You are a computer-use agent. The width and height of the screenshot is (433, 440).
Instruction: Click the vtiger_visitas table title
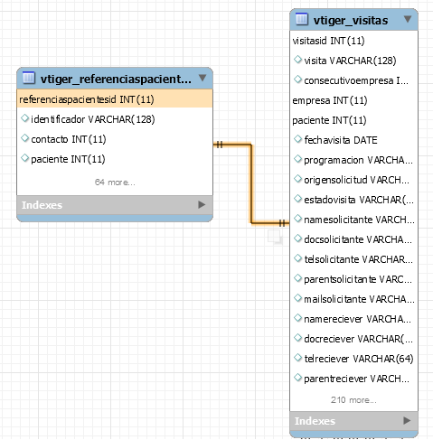(x=351, y=21)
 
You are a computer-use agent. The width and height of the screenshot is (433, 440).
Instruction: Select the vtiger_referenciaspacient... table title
(x=116, y=79)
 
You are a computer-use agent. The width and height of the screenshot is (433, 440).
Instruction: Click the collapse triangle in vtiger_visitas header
(x=408, y=19)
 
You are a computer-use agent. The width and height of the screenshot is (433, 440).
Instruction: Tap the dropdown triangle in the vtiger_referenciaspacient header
(x=202, y=78)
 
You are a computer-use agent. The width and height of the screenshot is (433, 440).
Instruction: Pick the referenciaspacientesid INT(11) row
(x=115, y=98)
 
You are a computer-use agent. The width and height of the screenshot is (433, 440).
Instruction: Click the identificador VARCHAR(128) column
(x=93, y=119)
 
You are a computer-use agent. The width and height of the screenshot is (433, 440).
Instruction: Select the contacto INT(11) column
(x=69, y=139)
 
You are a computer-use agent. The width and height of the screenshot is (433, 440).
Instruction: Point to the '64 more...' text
(x=115, y=183)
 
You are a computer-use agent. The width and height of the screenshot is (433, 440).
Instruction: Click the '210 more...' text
(x=353, y=400)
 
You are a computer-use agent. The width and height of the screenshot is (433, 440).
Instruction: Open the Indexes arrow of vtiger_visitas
(x=407, y=420)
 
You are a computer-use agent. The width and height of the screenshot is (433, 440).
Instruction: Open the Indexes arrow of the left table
(x=202, y=205)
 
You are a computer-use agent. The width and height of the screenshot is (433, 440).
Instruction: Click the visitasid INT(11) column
(x=328, y=41)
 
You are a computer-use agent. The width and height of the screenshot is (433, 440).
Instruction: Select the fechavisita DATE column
(x=341, y=140)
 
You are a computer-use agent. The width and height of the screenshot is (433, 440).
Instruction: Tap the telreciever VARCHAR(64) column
(x=359, y=359)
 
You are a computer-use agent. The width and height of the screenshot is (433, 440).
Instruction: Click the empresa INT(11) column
(x=330, y=100)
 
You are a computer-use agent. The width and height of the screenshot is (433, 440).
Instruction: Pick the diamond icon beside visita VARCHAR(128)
(x=297, y=60)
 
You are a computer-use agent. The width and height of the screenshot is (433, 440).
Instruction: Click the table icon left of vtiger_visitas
(x=302, y=19)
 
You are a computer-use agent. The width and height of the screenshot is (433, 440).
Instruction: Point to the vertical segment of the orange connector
(x=250, y=184)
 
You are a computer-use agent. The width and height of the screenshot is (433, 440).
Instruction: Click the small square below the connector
(x=275, y=237)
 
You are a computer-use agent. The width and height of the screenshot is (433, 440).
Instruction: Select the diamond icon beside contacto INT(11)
(x=24, y=138)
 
